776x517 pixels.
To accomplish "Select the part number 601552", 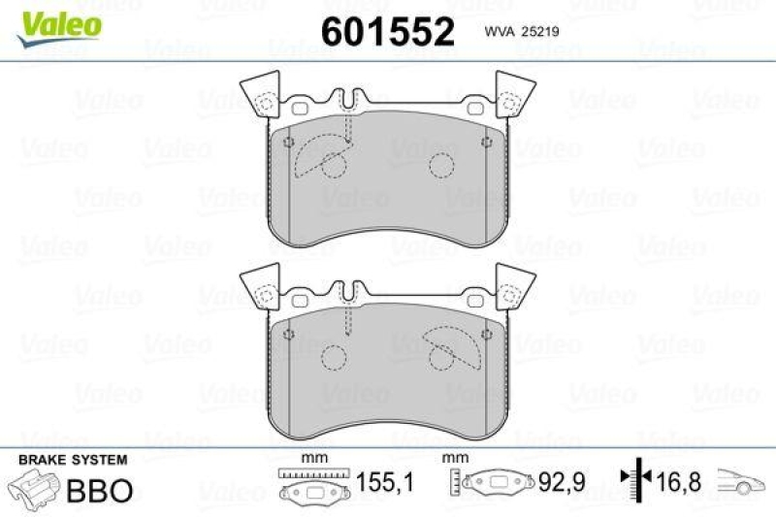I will point(387,32).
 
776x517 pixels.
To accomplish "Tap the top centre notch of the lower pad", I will point(348,290).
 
